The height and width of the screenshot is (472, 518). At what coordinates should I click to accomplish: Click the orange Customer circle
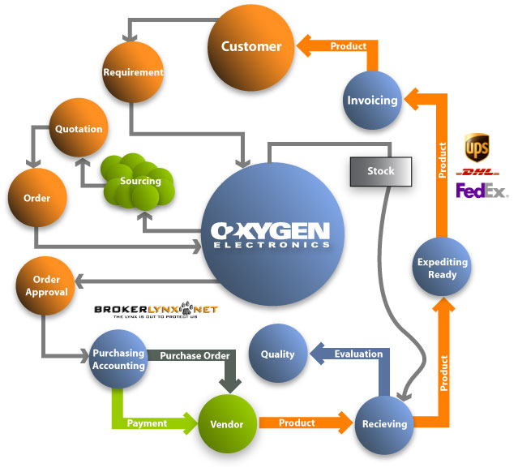tap(251, 47)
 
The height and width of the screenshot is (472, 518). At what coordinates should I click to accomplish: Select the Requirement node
tap(134, 72)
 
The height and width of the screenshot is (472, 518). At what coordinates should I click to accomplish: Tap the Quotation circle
tap(78, 129)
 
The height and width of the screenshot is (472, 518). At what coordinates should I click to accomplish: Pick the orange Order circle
tap(36, 199)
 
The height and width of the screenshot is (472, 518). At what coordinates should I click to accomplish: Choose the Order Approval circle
tap(46, 285)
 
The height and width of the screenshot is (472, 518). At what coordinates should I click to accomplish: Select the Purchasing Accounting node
tap(118, 359)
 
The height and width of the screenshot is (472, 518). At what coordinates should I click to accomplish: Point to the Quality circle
tap(277, 354)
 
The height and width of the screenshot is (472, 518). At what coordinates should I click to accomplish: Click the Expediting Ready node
tap(442, 268)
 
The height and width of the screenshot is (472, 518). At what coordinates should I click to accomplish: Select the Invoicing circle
tap(372, 101)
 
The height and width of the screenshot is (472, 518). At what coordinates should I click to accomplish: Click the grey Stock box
tap(380, 171)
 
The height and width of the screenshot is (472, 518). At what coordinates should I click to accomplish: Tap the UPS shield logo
tap(476, 148)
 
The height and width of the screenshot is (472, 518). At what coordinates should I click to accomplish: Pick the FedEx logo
tap(481, 191)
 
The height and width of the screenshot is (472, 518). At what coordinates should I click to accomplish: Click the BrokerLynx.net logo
tap(156, 311)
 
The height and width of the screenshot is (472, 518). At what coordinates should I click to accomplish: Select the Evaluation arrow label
tap(357, 354)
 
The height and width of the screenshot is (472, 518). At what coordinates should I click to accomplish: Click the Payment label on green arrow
tap(147, 423)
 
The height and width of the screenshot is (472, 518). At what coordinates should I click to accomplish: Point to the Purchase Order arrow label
tap(195, 356)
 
